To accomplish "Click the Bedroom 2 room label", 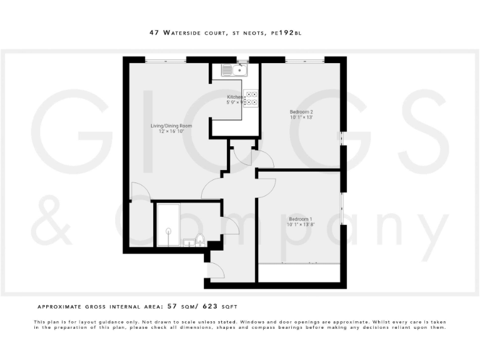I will [301, 111].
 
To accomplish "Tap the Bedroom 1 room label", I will [299, 218].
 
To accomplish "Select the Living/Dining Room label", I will [171, 126].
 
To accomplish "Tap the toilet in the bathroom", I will [200, 239].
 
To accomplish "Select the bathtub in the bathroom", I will [168, 224].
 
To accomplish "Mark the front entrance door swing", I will [217, 270].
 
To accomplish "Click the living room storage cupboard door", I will [140, 192].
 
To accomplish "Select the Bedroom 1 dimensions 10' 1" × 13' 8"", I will [300, 224].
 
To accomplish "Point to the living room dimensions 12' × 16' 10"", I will [171, 132].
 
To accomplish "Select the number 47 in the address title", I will [154, 34].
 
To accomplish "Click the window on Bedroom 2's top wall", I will [304, 59].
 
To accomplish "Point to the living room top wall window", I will [166, 59].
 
